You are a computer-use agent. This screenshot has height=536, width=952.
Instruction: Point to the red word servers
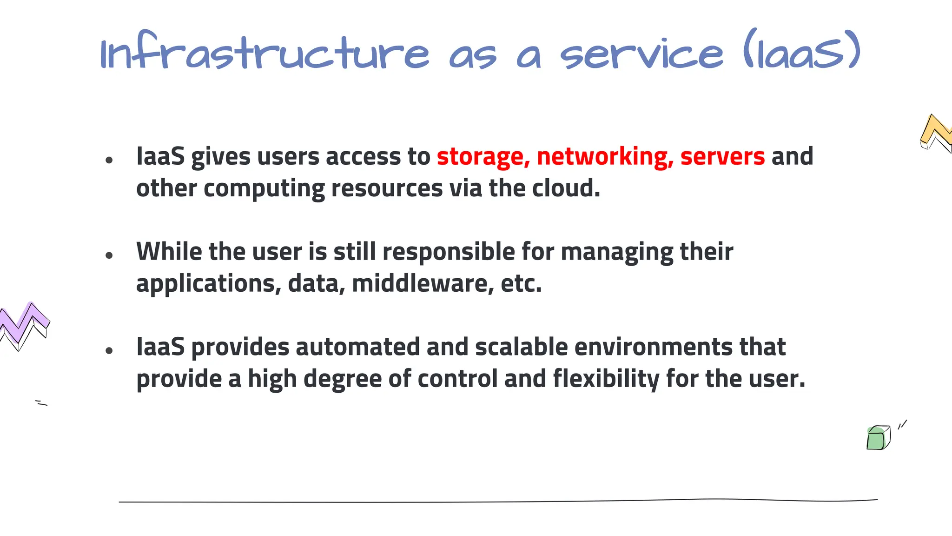(x=722, y=156)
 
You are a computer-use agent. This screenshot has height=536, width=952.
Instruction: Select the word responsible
(x=449, y=252)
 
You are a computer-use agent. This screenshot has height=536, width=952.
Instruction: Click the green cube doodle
(x=878, y=438)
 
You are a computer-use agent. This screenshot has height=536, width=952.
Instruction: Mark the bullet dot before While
(x=109, y=255)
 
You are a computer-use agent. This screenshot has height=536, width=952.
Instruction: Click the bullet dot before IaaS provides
(x=109, y=351)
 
